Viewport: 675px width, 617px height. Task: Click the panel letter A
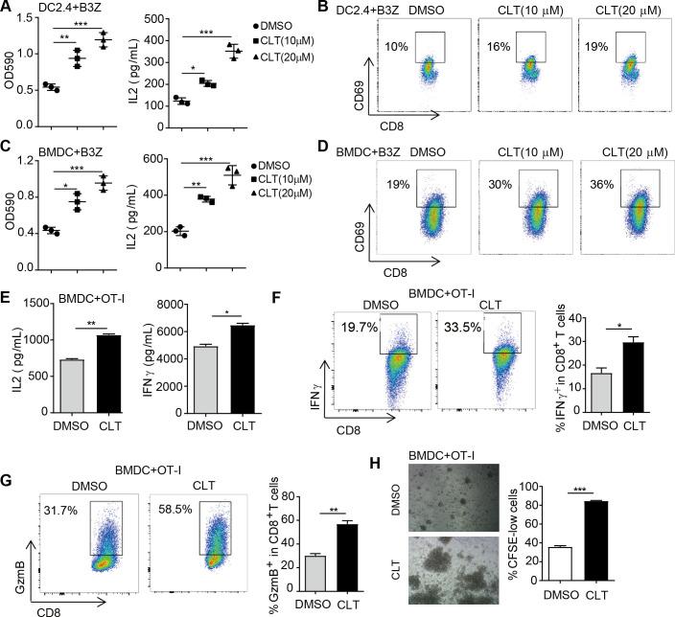tap(8, 9)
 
